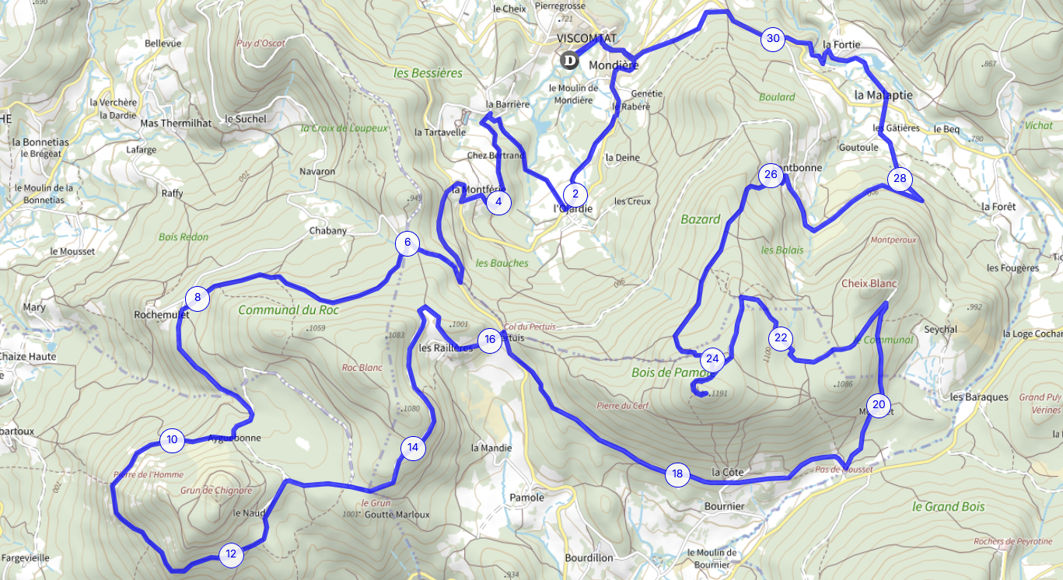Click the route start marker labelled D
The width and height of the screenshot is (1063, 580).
570,60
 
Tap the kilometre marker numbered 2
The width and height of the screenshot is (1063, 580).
575,194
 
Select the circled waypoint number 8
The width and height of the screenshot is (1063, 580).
198,297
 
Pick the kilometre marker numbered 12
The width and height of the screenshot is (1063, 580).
231,554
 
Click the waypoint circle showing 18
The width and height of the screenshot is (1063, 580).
677,473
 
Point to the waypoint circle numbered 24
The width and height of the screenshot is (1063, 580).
712,359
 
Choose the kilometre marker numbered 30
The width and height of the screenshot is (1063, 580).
772,38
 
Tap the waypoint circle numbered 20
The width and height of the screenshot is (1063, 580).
879,404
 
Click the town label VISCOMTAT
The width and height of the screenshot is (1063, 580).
586,38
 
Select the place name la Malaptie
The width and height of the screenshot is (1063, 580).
883,94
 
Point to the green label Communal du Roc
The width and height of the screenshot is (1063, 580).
288,309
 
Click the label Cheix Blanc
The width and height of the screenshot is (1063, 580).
869,283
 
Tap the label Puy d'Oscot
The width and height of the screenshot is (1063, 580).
261,44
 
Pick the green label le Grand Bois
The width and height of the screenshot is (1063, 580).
948,506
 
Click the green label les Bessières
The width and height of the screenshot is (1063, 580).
428,73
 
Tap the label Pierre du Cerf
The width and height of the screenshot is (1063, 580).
621,405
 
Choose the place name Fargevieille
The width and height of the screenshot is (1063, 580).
26,557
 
